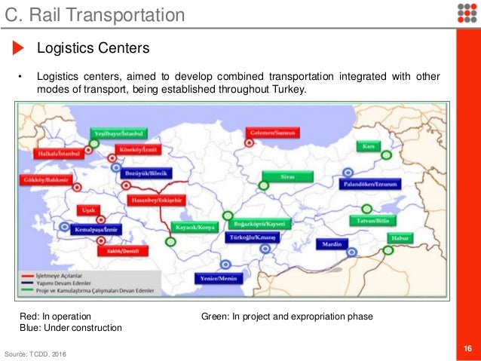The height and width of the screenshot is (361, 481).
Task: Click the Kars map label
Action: (x=369, y=145)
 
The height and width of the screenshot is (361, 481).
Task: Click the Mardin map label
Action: (x=332, y=245)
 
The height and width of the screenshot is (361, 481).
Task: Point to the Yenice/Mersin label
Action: (x=219, y=277)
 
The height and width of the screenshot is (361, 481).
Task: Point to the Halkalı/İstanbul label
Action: (x=58, y=152)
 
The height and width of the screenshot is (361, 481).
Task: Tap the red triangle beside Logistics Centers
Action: (x=19, y=49)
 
